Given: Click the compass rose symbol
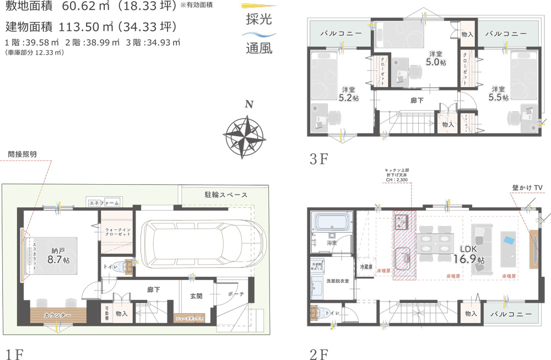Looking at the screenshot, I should tap(243, 133).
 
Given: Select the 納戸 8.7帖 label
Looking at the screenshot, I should tap(58, 254).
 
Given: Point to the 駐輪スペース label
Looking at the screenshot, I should tap(226, 195).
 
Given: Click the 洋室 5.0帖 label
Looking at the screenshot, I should tap(435, 58).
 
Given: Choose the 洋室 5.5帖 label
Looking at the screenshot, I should tap(498, 93).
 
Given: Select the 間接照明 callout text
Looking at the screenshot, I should tap(22, 154).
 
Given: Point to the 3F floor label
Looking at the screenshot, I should tap(318, 159).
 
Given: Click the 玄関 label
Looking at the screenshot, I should tap(196, 296).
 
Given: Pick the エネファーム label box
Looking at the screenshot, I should tap(104, 203).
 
